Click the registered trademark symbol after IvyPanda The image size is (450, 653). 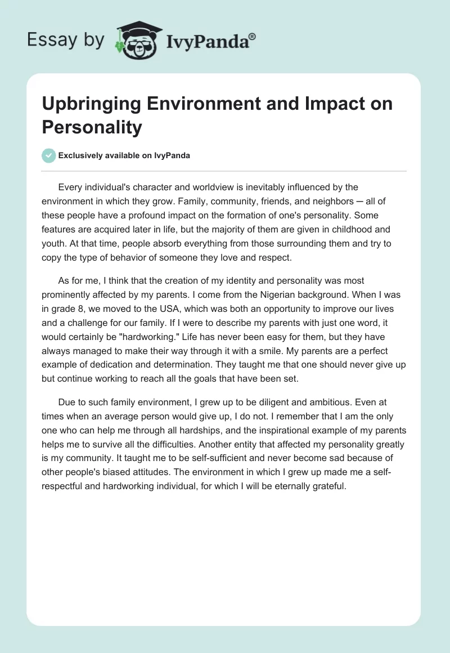coord(253,36)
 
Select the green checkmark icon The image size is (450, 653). coord(49,155)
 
